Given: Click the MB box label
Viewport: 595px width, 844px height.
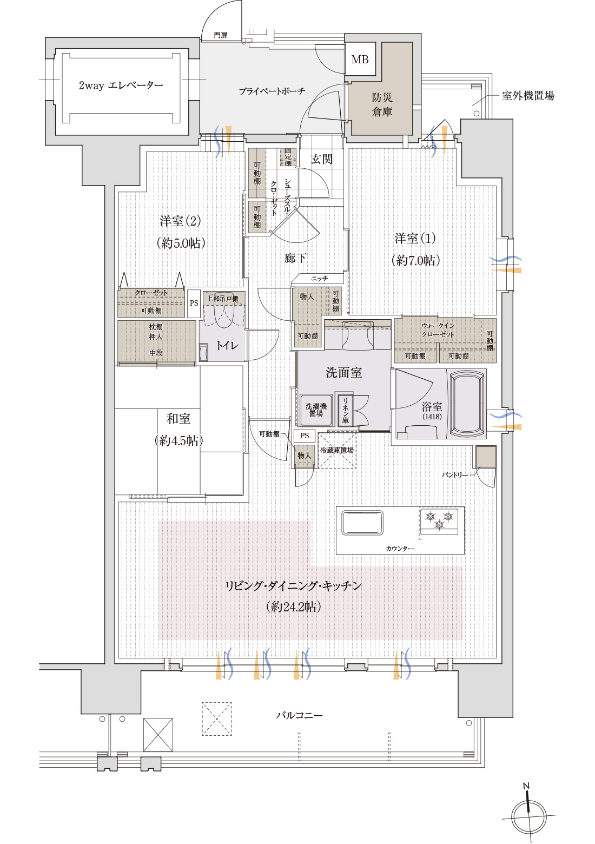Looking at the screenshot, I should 360,60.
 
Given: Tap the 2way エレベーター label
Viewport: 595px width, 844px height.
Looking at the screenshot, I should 121,85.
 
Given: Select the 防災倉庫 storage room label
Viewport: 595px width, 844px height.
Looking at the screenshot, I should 382,105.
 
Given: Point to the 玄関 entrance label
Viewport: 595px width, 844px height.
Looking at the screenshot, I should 321,159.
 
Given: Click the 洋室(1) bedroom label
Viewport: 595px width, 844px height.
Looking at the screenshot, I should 415,249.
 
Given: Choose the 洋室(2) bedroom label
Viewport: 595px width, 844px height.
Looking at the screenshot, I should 181,232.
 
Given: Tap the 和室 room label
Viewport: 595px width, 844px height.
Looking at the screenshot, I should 178,429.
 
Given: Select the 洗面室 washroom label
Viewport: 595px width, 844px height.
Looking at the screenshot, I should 343,372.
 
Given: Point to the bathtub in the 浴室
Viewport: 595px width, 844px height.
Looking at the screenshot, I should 467,403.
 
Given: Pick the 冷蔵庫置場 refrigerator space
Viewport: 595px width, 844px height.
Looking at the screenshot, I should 337,450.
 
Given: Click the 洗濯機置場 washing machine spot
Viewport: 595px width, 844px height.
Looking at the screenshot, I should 316,410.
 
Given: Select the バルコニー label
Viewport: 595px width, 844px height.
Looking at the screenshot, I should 299,715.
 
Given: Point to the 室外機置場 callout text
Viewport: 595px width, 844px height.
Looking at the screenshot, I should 528,96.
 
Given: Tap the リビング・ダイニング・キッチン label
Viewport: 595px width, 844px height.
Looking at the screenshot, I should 294,586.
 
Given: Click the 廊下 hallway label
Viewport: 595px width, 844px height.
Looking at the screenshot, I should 295,258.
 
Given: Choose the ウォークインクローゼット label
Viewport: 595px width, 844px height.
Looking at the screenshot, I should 438,330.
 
